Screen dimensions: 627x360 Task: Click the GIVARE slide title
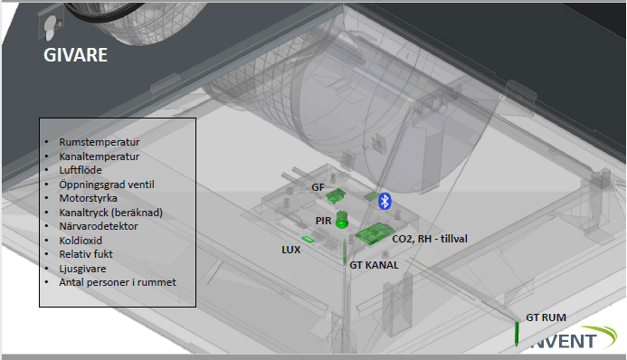tap(76, 55)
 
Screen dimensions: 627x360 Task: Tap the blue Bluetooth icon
tap(385, 201)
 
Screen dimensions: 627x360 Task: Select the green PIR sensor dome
tap(341, 220)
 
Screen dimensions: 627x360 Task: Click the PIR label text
tap(323, 221)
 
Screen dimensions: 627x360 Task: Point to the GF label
tap(318, 187)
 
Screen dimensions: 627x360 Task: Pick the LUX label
tap(290, 250)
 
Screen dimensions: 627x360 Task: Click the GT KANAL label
tap(374, 265)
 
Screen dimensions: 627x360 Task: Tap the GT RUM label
tap(546, 317)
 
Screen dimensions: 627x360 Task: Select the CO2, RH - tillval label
tap(430, 239)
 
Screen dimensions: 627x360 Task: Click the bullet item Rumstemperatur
tap(100, 142)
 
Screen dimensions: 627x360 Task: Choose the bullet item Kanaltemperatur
tap(100, 156)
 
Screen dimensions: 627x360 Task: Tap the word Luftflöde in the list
tap(81, 170)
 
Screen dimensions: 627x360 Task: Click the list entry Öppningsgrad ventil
tap(107, 185)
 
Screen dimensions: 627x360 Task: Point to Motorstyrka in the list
tap(88, 198)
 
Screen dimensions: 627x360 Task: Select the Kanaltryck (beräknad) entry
tap(110, 213)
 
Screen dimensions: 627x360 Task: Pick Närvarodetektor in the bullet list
tap(99, 226)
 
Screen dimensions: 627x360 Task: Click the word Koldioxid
tap(81, 240)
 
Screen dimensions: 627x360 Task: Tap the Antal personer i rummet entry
tap(118, 282)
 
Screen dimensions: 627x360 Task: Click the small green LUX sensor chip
tap(308, 240)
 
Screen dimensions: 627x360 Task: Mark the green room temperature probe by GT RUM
tap(517, 334)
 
